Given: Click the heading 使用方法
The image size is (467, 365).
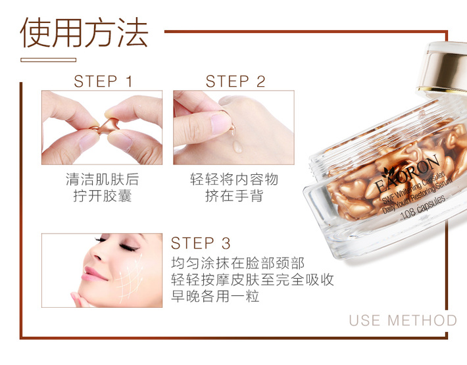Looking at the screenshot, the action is pos(84,32).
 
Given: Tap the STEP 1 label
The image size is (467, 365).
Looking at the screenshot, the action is pos(103,82).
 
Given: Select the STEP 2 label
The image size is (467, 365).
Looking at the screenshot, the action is pos(235,82).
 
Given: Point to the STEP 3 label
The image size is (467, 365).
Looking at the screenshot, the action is pos(201,243).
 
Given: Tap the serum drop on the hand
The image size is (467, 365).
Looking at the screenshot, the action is pos(237,147).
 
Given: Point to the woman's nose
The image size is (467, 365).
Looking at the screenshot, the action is pos(96,254).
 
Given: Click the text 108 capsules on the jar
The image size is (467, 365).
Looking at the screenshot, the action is pos(423,208).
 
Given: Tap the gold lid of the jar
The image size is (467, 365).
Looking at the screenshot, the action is pos(443,67).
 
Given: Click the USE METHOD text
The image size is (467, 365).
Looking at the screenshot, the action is pos(403,320).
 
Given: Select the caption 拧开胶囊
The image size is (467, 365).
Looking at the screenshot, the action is pos(103,195).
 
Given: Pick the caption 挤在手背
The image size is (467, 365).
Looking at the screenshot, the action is pos(234,195).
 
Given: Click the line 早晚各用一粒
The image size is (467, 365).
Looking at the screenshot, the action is pos(215,296).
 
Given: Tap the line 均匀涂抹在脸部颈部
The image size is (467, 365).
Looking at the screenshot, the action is pos(237,263).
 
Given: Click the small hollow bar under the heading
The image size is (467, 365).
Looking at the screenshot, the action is pos(48,60).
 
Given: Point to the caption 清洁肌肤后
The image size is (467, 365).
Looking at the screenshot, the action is pos(103,180).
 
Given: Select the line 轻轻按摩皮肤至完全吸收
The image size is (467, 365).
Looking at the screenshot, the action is pos(253,280).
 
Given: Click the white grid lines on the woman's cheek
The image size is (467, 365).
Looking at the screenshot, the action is pos(130,280).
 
